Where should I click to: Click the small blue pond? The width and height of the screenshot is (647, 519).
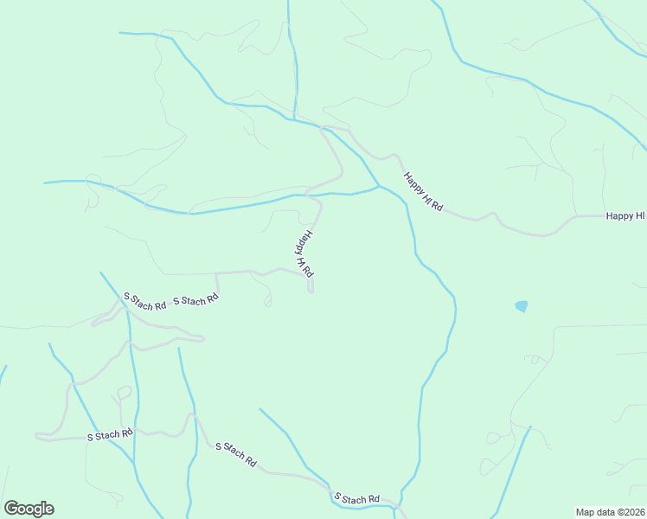point(521,306)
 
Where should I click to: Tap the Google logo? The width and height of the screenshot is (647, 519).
point(29,509)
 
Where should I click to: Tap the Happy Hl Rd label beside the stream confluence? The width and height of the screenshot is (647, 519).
point(423,192)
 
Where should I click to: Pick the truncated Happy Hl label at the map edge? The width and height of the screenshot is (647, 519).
point(625,216)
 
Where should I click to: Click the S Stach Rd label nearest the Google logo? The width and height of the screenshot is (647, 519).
point(110,435)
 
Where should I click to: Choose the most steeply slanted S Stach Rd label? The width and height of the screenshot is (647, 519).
point(236,454)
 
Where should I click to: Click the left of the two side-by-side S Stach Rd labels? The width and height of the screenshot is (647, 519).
point(144,302)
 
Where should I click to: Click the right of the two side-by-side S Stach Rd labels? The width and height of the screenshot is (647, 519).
point(195,300)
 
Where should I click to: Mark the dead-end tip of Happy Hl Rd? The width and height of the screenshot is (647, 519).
point(311,291)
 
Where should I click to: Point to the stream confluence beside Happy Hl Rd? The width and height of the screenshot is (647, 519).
point(378,186)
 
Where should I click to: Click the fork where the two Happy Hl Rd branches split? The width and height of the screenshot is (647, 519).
point(323,130)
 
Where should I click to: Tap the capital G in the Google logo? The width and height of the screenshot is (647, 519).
point(11,509)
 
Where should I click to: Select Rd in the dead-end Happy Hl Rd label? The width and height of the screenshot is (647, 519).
point(309,270)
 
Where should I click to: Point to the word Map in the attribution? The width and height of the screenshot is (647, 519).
point(585,512)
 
